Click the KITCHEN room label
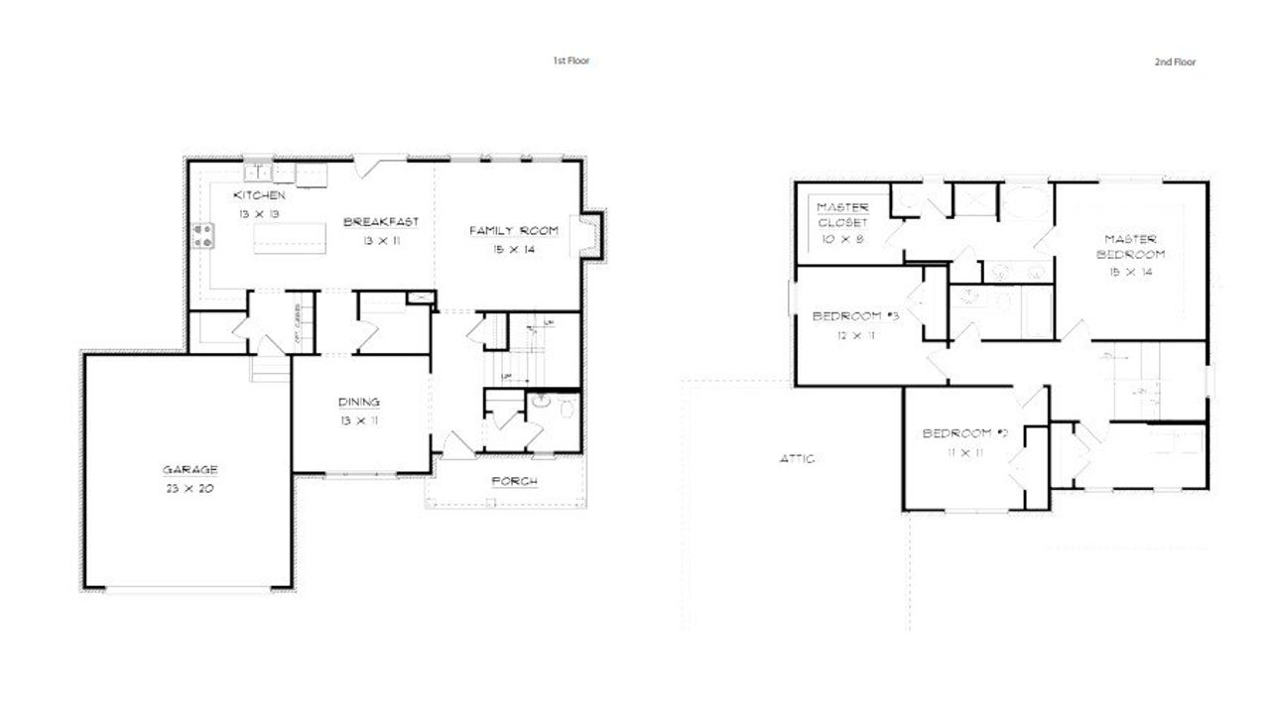tap(260, 195)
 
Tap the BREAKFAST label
tap(381, 222)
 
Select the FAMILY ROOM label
tap(513, 231)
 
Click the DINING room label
tap(359, 403)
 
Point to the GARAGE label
tap(190, 470)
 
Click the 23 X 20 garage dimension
tap(190, 489)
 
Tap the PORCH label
tap(515, 482)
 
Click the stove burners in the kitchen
tap(204, 235)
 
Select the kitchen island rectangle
tap(290, 239)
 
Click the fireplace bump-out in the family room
tap(588, 235)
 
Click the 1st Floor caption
tap(571, 61)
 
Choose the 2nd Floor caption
tap(1175, 61)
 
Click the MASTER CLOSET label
tap(842, 215)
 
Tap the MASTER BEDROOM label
tap(1131, 246)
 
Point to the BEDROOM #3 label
tap(855, 316)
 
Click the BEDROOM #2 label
tap(965, 433)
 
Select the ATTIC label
tap(798, 458)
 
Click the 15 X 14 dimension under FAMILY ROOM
tap(513, 250)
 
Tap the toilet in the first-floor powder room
tap(566, 408)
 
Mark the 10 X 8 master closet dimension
tap(842, 239)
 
